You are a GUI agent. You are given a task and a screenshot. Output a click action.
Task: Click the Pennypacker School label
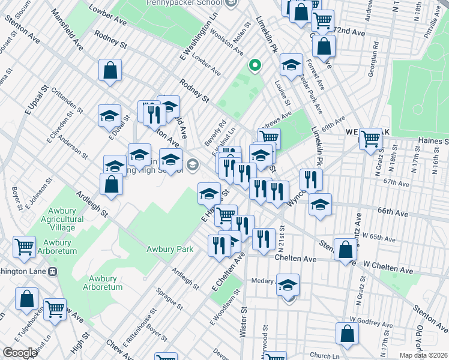click(178, 3)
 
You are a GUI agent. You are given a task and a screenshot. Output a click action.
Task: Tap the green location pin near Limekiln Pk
click(255, 65)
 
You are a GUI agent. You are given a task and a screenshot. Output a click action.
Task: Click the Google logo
click(20, 353)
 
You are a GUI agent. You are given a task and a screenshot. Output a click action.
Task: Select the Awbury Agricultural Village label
click(58, 220)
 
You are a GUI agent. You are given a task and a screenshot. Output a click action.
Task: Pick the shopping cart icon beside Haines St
click(371, 138)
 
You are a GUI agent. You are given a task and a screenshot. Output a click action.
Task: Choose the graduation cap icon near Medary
click(288, 284)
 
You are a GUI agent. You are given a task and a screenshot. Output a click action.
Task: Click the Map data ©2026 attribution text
click(423, 355)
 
